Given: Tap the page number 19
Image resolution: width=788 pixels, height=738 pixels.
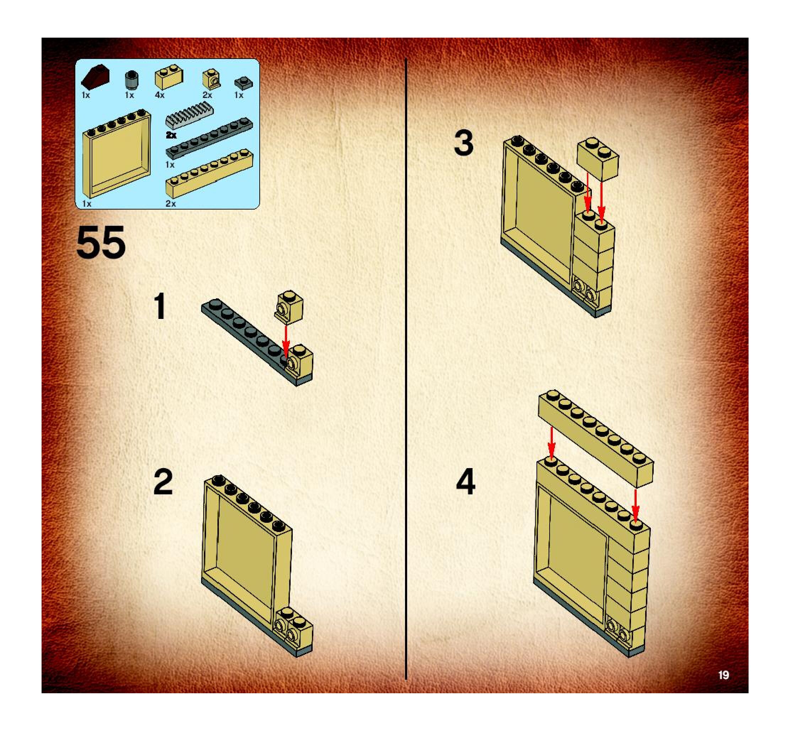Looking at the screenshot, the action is tap(723, 675).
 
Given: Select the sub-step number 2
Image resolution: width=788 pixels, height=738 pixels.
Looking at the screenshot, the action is tap(163, 481).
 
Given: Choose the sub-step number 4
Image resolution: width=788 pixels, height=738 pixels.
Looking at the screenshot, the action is tap(465, 482).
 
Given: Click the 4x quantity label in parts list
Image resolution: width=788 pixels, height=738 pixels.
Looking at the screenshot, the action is tap(160, 96).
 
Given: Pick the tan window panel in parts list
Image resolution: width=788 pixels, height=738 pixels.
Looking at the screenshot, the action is tap(117, 154).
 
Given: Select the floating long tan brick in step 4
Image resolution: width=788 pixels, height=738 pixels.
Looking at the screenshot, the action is tap(596, 439).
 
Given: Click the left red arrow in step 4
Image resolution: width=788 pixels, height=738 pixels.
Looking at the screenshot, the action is tap(551, 443).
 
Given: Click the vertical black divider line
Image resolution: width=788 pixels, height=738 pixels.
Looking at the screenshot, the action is tap(406, 369).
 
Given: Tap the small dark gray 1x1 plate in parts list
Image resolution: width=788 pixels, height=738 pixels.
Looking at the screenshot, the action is tap(243, 83).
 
